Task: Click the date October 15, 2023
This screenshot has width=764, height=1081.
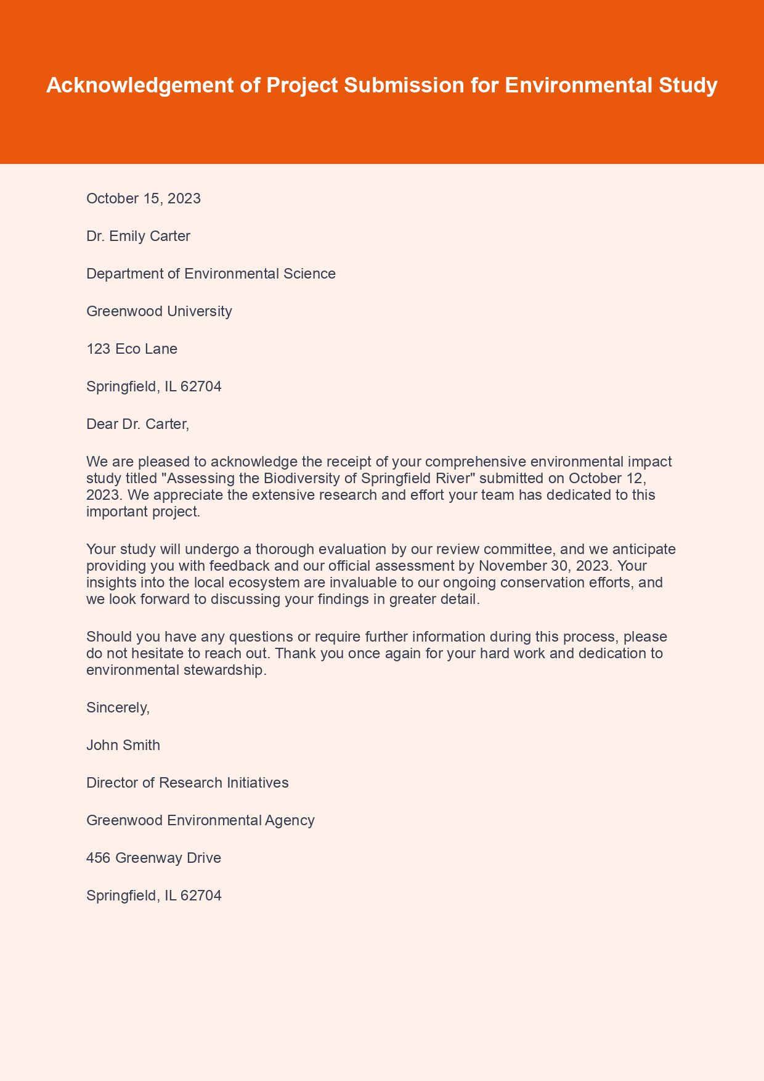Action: [144, 198]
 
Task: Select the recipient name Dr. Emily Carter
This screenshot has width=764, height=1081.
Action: [138, 236]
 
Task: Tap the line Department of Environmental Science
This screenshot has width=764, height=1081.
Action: [211, 274]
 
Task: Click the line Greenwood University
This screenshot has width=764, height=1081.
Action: [159, 311]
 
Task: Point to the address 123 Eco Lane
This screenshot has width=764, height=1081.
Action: [132, 349]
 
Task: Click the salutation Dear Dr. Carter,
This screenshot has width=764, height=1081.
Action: [137, 424]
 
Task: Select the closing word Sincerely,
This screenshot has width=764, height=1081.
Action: [118, 708]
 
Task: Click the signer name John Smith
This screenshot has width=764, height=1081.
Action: [123, 745]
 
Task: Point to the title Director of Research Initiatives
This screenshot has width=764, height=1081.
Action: [187, 783]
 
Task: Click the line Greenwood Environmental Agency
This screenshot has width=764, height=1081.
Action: [200, 820]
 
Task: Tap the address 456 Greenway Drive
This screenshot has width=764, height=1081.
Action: [153, 858]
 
